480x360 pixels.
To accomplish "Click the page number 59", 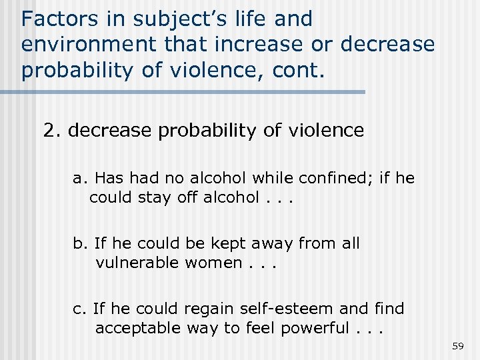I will tap(457, 346).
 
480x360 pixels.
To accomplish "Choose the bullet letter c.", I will tap(79, 309).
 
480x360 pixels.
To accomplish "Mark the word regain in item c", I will tap(208, 309).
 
